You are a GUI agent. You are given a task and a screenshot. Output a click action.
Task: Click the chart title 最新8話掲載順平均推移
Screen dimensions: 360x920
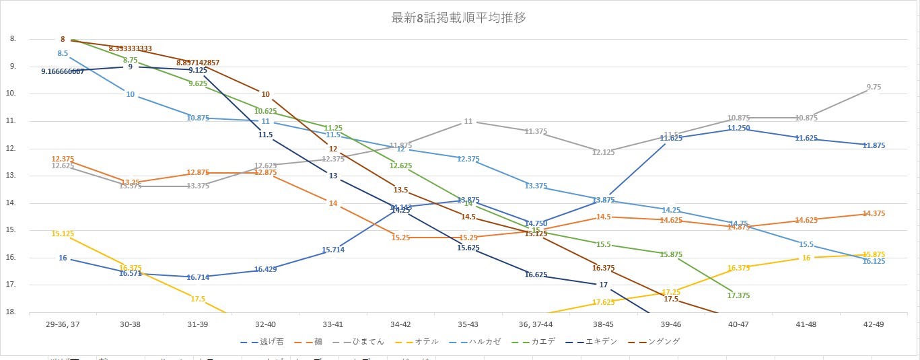458,18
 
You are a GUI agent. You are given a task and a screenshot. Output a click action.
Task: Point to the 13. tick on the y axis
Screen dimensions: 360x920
12,176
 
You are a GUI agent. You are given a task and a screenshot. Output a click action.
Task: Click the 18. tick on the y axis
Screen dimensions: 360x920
12,312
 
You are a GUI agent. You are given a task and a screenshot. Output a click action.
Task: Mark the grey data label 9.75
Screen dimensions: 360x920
874,87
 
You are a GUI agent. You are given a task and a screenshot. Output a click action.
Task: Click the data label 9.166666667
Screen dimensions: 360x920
63,71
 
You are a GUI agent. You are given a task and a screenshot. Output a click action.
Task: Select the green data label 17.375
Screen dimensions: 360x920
738,295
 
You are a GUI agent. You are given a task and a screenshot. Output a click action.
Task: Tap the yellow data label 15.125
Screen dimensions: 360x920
63,233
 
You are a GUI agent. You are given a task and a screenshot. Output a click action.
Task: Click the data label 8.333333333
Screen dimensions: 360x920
131,48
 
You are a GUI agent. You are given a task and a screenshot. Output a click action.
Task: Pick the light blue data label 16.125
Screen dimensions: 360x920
874,261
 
